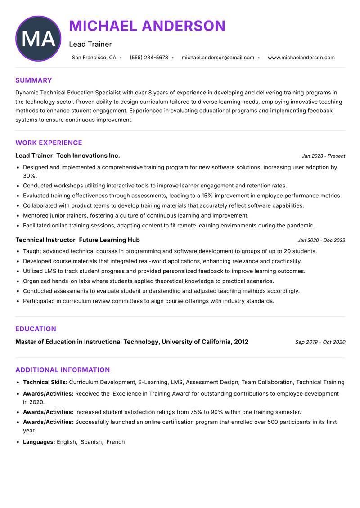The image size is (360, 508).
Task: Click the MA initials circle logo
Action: [x=38, y=39]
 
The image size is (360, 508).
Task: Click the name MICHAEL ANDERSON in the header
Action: [x=147, y=26]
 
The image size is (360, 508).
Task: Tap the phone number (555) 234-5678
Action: [x=149, y=58]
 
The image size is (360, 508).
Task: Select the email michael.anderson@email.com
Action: [x=218, y=58]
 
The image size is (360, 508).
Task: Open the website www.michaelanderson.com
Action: [x=301, y=58]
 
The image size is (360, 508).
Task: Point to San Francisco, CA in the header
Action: [x=94, y=58]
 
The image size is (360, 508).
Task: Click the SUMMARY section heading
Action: [x=34, y=80]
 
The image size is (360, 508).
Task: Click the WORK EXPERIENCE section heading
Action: [x=49, y=143]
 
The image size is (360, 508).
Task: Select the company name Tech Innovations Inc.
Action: [x=88, y=156]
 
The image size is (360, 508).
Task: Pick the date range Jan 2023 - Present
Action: [x=323, y=156]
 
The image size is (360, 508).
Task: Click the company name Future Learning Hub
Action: [x=109, y=240]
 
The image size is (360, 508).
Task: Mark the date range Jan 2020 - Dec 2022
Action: [x=321, y=241]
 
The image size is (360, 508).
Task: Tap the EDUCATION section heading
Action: [x=36, y=329]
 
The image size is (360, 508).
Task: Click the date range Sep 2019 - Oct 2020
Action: [x=320, y=342]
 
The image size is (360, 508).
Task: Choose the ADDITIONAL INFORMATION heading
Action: [x=63, y=370]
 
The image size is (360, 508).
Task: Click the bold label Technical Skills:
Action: [x=45, y=383]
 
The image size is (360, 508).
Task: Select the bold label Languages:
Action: [x=39, y=442]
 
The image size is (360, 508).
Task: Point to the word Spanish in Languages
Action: [x=91, y=442]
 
